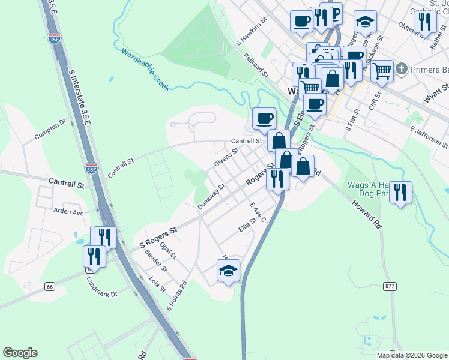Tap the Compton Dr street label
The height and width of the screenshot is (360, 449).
tap(50, 129)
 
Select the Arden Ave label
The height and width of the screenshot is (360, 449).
tap(68, 212)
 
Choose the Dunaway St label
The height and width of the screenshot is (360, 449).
tap(211, 196)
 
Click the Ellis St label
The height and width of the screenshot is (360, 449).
tap(247, 230)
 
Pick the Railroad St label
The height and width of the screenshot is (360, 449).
tap(256, 65)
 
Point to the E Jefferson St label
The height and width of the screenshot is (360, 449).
tap(429, 137)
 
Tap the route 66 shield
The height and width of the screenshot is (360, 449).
tap(49, 287)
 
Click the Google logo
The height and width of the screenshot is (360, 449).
tap(20, 353)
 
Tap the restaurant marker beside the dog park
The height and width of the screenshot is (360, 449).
tap(400, 193)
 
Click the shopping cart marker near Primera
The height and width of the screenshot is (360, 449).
tap(382, 71)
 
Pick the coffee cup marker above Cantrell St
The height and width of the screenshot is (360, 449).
tap(264, 117)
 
